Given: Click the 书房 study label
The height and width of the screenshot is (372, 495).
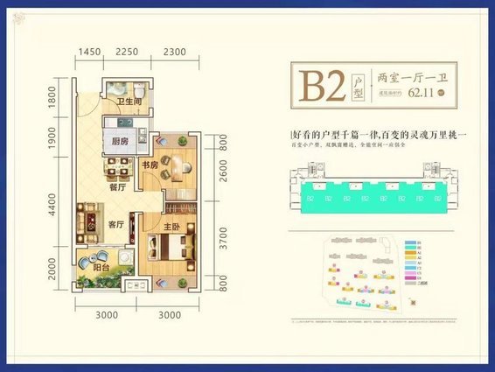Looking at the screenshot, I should pyautogui.click(x=150, y=164).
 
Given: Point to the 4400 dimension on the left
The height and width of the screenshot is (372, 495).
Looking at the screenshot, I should pyautogui.click(x=53, y=209).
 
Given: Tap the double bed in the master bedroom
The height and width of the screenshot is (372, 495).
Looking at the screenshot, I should pyautogui.click(x=166, y=249).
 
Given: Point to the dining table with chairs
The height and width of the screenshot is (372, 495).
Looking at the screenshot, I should pyautogui.click(x=112, y=168).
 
